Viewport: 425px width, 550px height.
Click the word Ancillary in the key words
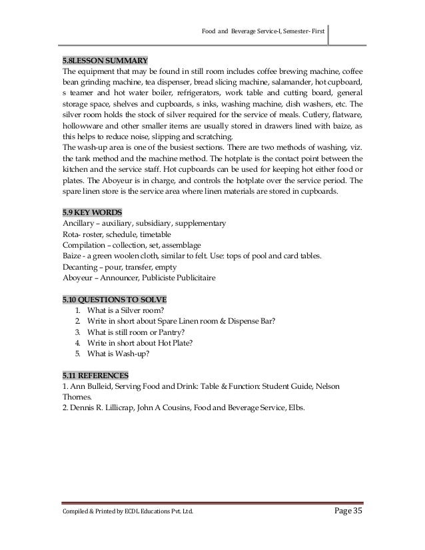(x=77, y=222)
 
